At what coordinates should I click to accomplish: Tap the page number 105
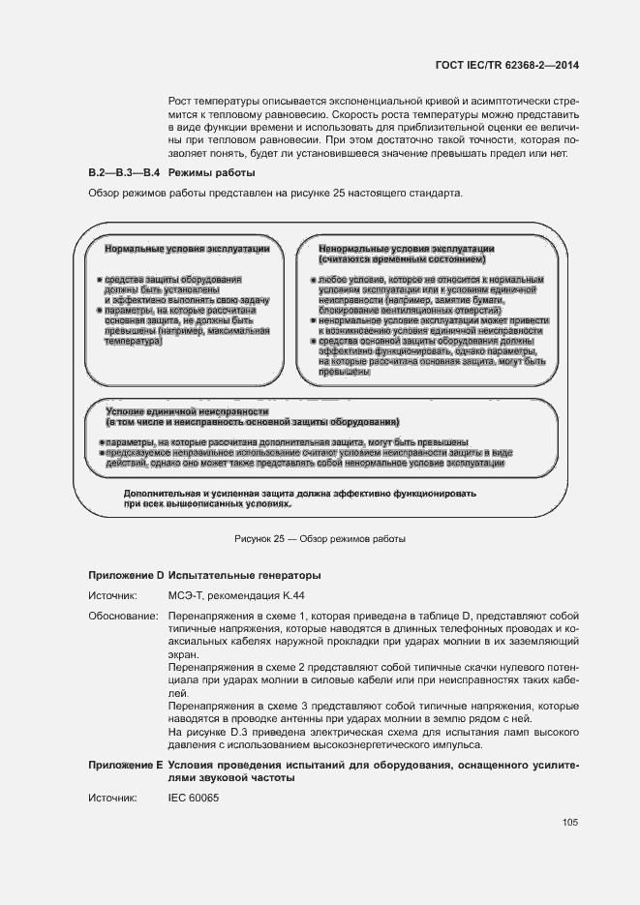pyautogui.click(x=569, y=823)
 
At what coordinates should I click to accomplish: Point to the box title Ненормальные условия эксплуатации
pyautogui.click(x=407, y=249)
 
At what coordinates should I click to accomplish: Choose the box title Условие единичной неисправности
pyautogui.click(x=187, y=412)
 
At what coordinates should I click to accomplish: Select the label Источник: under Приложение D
pyautogui.click(x=113, y=597)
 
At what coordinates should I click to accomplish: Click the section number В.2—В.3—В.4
pyautogui.click(x=123, y=172)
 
